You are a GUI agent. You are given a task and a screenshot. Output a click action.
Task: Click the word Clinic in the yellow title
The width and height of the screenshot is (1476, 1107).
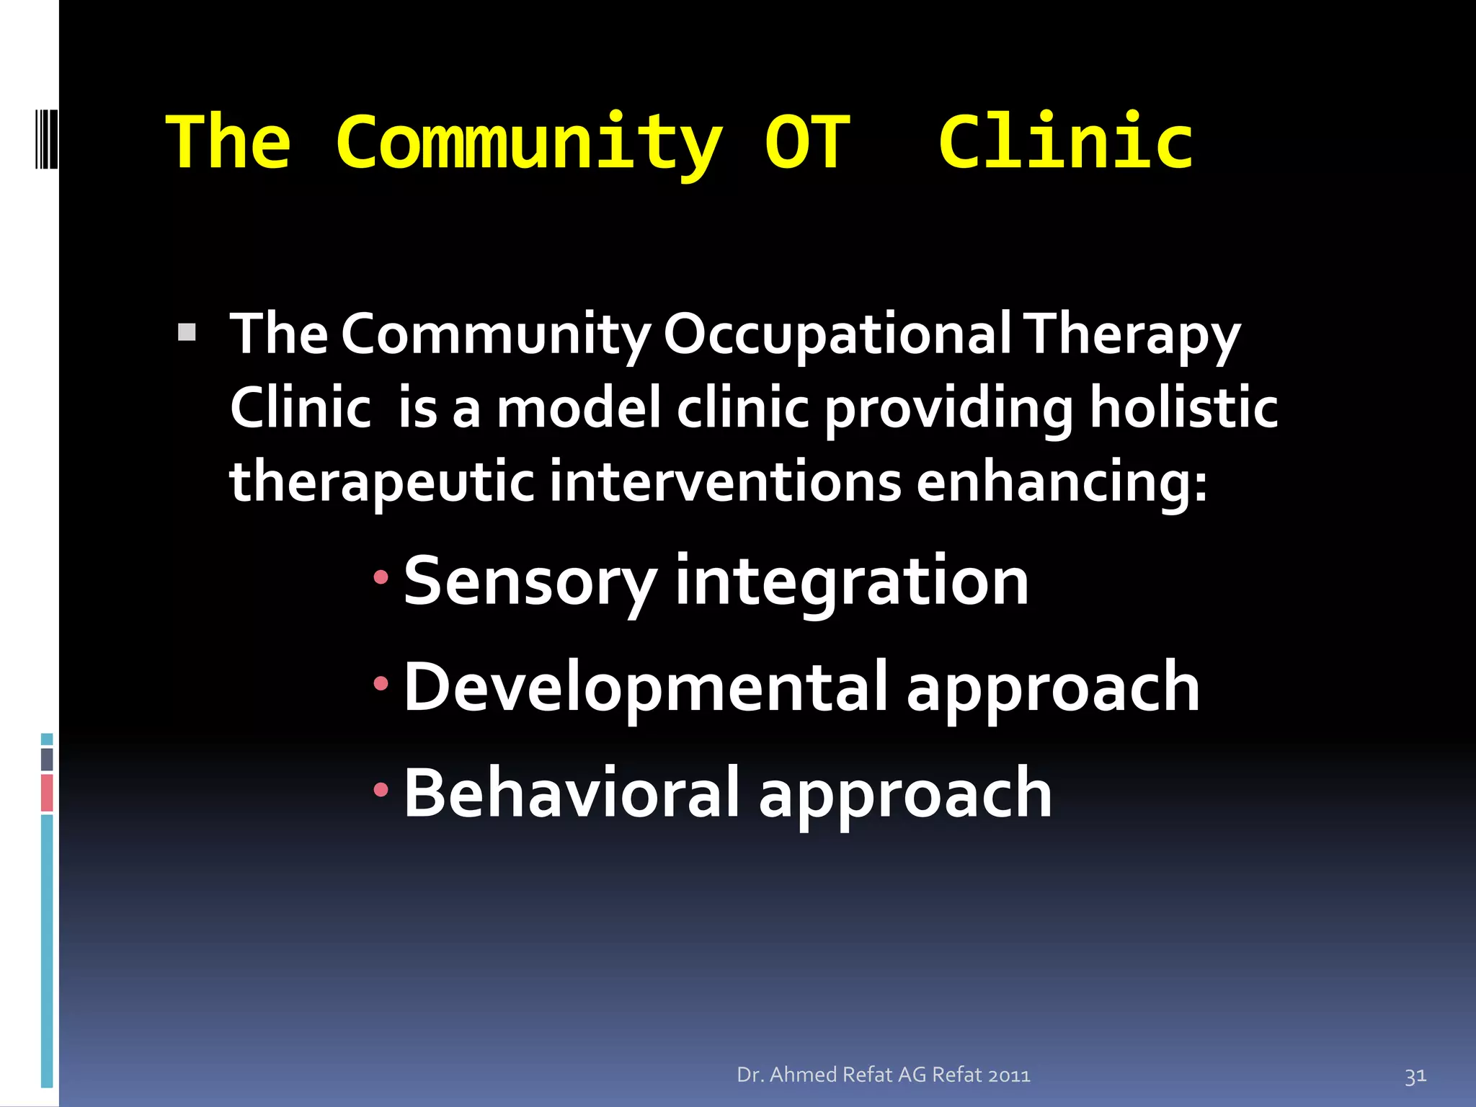point(1065,142)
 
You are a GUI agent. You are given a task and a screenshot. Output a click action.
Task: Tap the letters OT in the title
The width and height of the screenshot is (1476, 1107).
point(807,142)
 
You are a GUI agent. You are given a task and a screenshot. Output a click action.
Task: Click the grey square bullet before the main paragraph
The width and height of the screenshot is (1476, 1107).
point(187,332)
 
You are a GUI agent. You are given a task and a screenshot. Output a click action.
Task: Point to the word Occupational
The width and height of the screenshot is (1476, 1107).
point(837,336)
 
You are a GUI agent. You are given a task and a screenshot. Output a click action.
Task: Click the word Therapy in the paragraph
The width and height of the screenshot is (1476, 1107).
point(1132,336)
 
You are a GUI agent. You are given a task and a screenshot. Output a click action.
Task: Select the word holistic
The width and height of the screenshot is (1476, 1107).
point(1183,408)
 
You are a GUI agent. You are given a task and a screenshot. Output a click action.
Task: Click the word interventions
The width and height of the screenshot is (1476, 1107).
point(725,481)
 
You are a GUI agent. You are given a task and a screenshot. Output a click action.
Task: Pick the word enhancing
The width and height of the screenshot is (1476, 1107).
point(1061,481)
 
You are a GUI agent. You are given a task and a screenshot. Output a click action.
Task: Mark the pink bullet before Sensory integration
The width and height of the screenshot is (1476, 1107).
point(381,577)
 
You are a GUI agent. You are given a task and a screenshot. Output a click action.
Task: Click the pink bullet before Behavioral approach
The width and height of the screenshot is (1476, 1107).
point(381,791)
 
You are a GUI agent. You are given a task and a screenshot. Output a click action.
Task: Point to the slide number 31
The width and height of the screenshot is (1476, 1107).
point(1415,1076)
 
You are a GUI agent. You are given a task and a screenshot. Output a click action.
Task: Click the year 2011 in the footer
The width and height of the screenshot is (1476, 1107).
point(1009,1075)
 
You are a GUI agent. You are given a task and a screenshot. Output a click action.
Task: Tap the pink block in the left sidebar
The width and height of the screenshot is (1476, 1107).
point(47,793)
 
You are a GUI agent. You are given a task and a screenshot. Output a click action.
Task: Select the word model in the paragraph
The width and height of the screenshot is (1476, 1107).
point(579,408)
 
